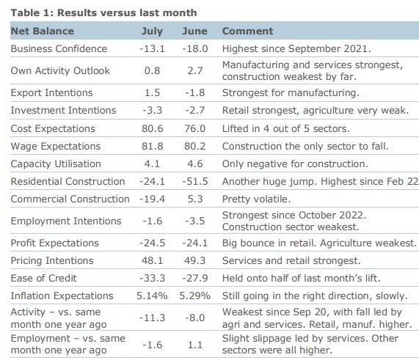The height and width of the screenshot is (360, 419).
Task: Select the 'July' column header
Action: (x=151, y=32)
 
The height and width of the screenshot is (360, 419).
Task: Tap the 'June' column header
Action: (x=194, y=32)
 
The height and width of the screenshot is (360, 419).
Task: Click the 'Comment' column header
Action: (x=247, y=32)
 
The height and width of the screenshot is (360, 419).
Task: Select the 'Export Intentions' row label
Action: (x=51, y=93)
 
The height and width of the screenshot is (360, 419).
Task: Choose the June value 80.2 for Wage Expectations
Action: (x=196, y=146)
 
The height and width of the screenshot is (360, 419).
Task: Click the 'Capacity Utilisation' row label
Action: (x=56, y=164)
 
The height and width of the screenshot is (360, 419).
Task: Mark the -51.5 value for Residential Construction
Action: (x=194, y=181)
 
